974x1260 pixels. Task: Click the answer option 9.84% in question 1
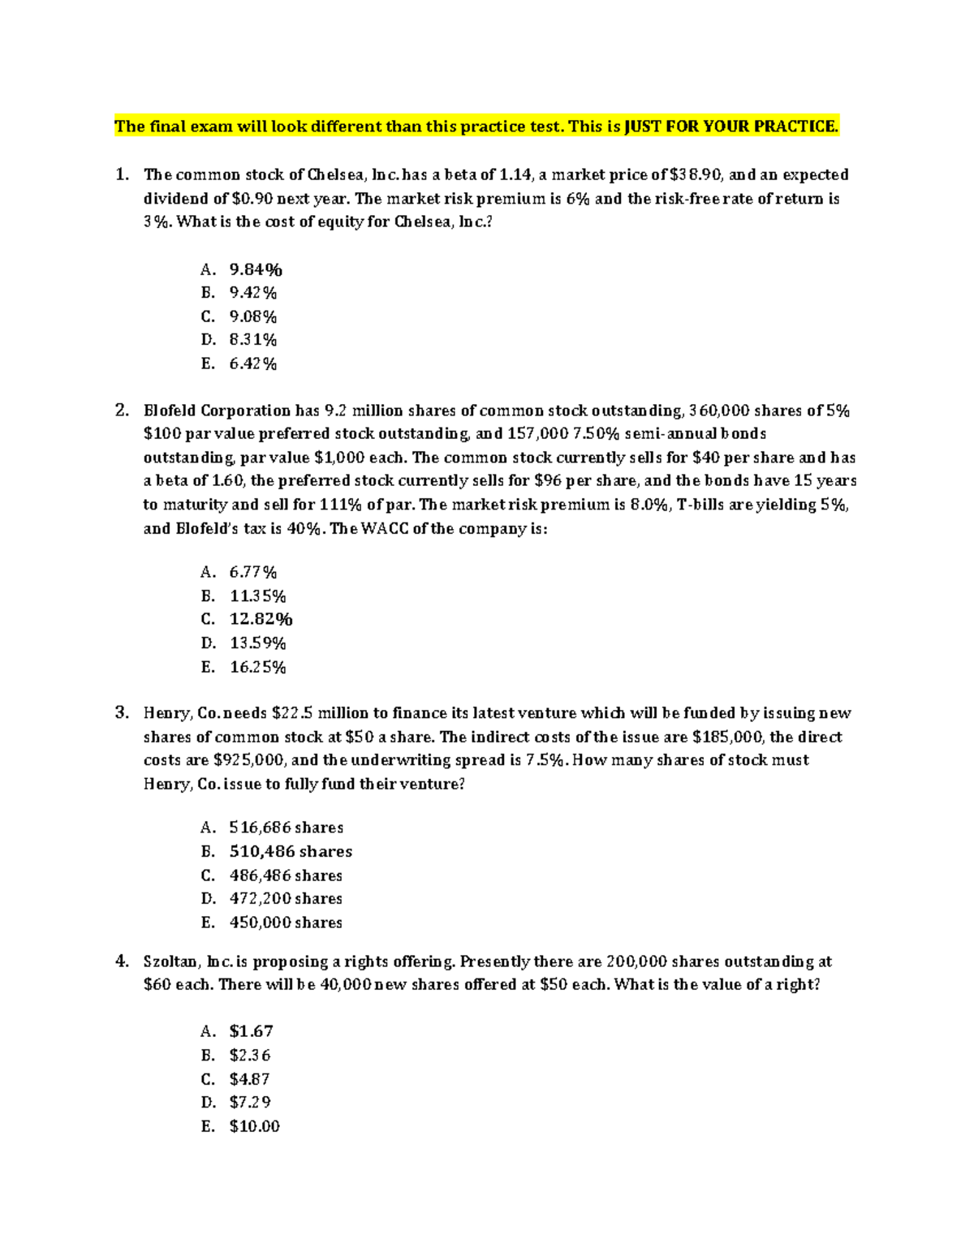click(256, 269)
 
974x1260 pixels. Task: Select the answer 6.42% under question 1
click(253, 363)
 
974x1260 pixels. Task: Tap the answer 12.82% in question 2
click(261, 619)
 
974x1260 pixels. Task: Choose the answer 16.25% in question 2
click(258, 667)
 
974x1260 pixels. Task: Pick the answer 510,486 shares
click(291, 851)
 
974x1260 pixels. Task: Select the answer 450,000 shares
click(286, 922)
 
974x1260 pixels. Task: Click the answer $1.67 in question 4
click(251, 1031)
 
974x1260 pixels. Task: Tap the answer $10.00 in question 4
click(254, 1126)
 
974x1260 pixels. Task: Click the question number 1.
click(122, 174)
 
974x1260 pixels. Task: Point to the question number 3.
click(122, 712)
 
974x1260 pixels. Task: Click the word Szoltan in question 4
click(169, 961)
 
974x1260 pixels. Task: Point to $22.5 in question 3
click(291, 713)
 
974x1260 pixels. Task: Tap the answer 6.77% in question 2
click(253, 572)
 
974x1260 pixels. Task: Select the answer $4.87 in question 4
click(249, 1079)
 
